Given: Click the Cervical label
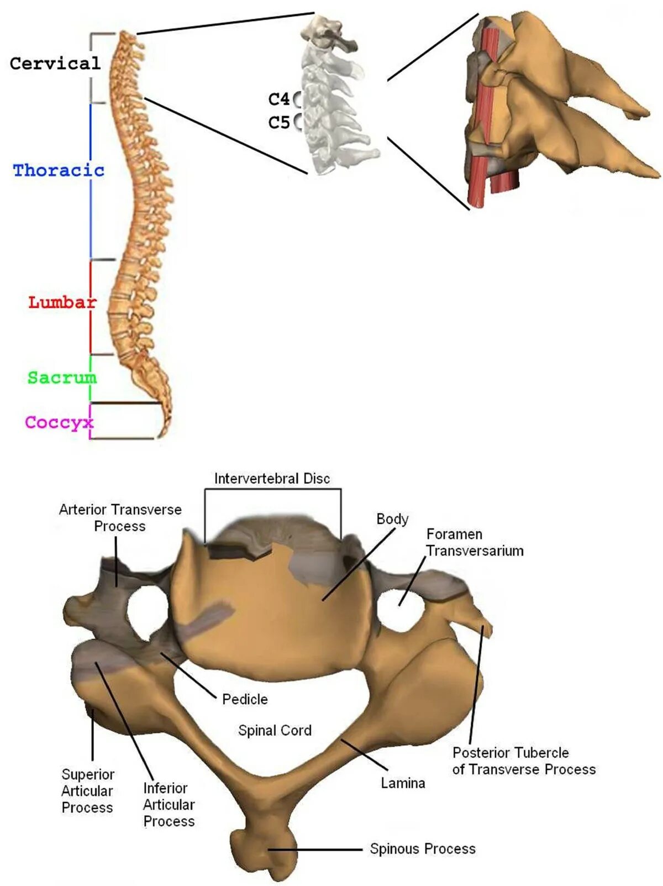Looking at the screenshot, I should tap(55, 64).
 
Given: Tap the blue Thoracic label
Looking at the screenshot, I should tap(59, 170).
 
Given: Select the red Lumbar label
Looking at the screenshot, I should tap(62, 302).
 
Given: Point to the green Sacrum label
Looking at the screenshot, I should tap(62, 378).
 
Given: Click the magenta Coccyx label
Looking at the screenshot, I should tap(59, 422).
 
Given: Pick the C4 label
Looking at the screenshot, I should tap(279, 99).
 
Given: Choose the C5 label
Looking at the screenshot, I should tap(279, 122).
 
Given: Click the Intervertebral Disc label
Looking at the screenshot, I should tap(272, 479).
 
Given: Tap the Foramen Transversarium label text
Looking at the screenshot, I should tap(475, 542).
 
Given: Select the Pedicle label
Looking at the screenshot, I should tap(245, 699).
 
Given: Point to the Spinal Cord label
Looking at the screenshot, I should tap(275, 731).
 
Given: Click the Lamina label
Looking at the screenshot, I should tap(403, 783).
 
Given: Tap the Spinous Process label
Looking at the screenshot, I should tap(423, 848).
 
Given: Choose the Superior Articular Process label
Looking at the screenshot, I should tap(87, 791).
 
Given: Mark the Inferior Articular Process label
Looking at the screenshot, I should tap(169, 805).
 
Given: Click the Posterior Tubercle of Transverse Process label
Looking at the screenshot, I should tap(524, 761).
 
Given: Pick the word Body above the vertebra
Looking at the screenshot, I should tap(392, 519).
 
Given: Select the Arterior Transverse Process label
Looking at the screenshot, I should tap(120, 517).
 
